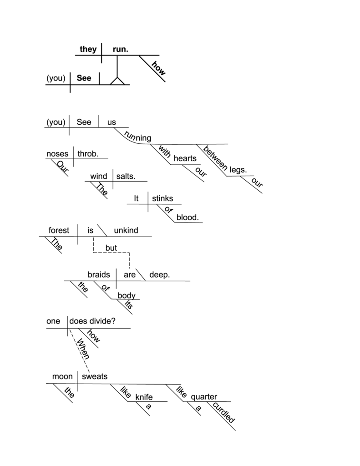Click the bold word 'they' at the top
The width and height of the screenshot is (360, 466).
point(88,49)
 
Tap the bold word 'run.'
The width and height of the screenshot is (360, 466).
point(121,49)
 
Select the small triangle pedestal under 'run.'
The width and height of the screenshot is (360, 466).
point(117,81)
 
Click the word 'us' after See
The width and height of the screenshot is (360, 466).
point(112,122)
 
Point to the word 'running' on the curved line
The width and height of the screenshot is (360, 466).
point(137,137)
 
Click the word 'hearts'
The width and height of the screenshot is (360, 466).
point(185,158)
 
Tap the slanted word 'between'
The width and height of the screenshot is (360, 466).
point(216,158)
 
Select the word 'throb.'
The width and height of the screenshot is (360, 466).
point(88,154)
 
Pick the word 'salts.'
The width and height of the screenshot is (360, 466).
point(126,176)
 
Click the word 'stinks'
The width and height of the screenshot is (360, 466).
point(162,198)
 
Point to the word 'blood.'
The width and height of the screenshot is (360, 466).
point(188,217)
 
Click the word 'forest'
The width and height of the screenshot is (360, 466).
point(59,230)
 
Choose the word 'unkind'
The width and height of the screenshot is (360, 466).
point(126,230)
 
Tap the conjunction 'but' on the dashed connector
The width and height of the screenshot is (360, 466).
point(111,248)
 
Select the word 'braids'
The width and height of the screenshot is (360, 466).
point(99,274)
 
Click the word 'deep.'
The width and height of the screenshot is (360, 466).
point(159,275)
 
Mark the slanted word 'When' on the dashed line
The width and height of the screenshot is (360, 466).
point(83,349)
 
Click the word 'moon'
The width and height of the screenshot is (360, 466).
point(62,376)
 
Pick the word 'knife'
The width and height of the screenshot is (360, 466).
point(144,397)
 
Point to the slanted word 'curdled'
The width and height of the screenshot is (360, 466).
point(224,412)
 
